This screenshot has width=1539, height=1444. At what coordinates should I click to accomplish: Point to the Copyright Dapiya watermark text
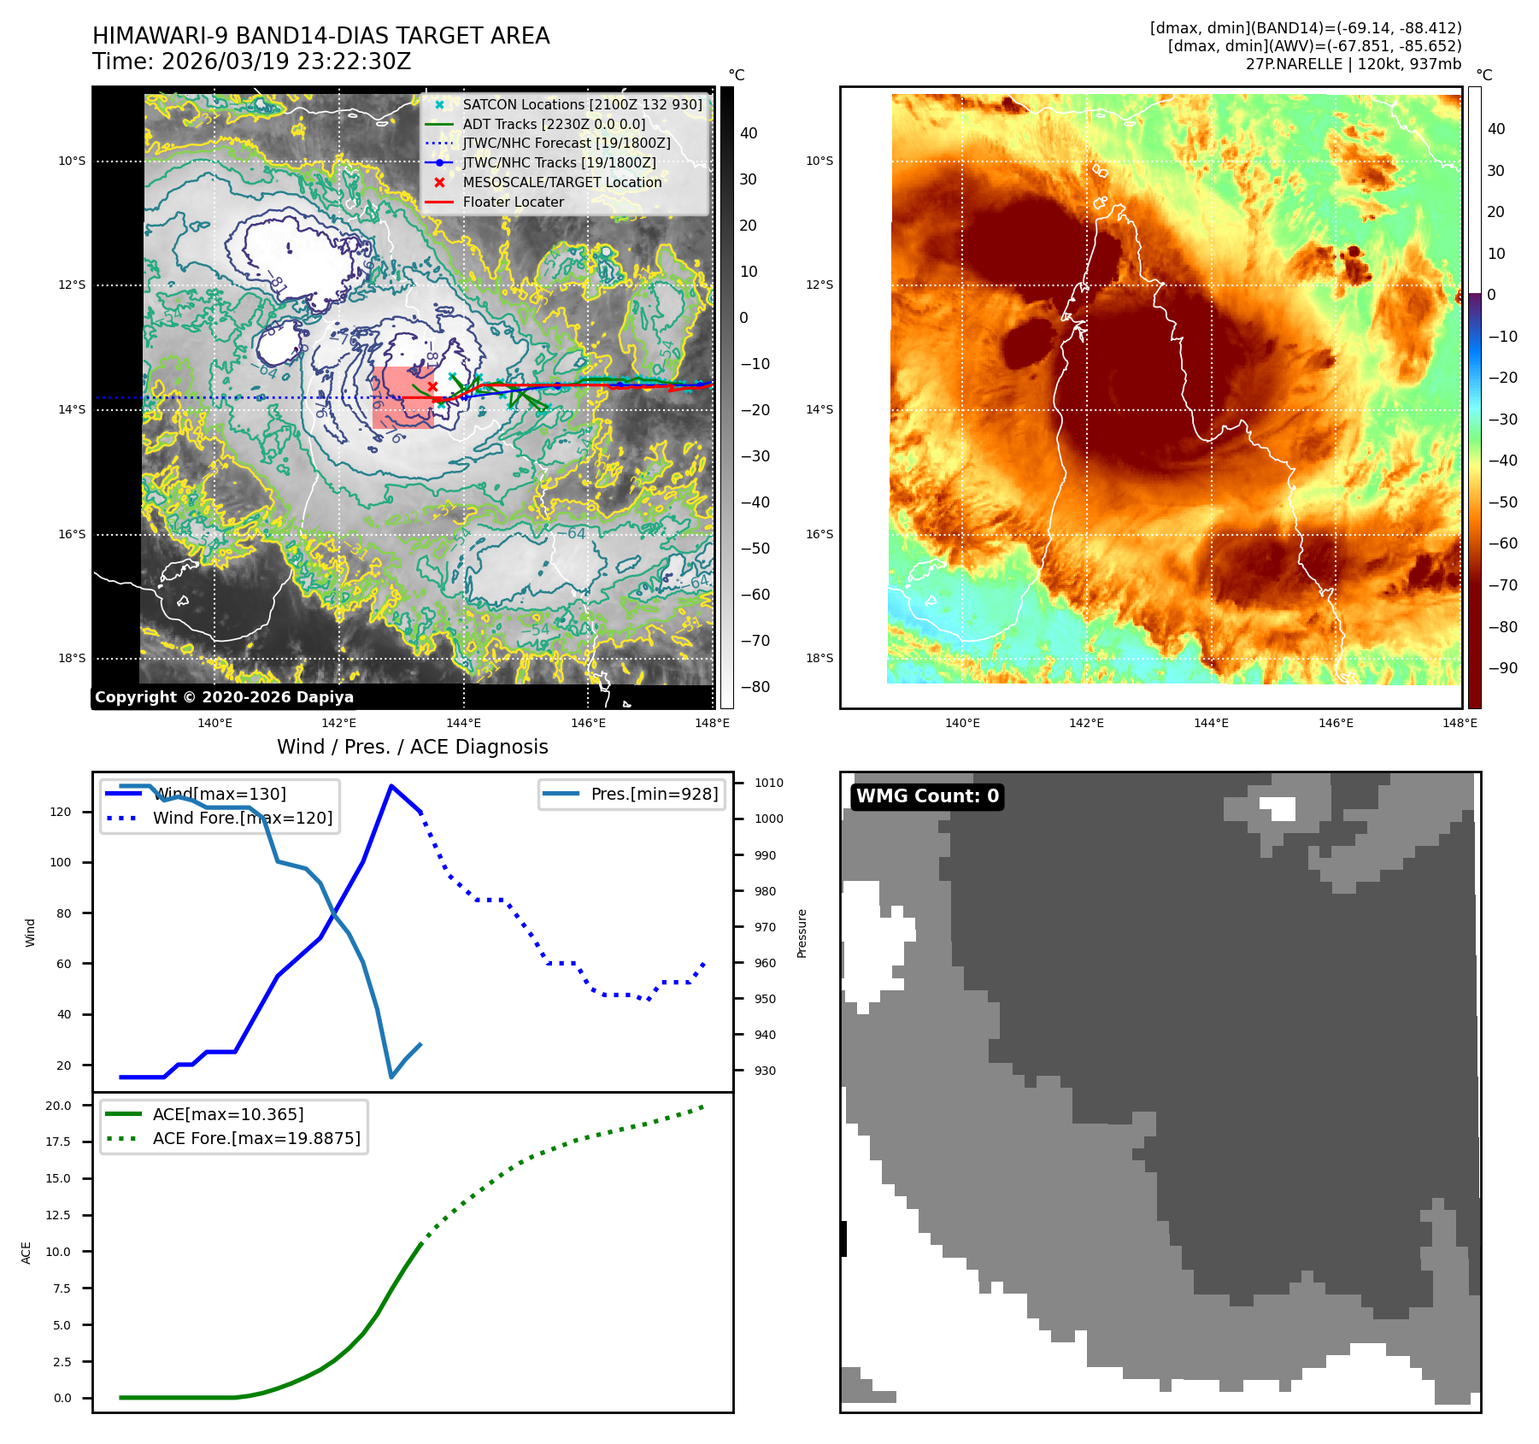point(224,697)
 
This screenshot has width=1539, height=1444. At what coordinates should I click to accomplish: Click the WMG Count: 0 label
point(927,796)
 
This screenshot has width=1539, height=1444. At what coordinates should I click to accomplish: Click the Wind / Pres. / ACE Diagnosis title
point(412,747)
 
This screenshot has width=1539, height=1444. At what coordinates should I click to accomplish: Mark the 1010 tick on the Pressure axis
point(768,783)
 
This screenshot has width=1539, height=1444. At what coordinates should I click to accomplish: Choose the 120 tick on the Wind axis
point(61,812)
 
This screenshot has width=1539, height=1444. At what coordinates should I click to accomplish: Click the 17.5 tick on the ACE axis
point(58,1142)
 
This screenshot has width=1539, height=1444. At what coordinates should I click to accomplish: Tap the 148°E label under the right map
point(1460,723)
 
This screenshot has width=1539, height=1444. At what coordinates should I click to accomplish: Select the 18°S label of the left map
point(72,658)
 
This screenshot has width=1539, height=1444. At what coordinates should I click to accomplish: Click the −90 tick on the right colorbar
point(1502,668)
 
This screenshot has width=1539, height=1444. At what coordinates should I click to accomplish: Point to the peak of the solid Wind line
point(391,786)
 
